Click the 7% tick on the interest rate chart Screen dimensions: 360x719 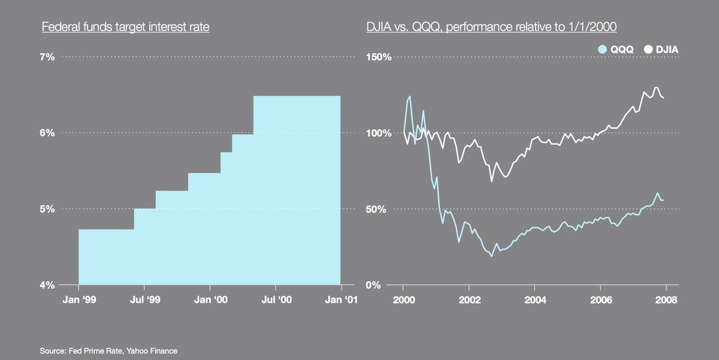point(47,57)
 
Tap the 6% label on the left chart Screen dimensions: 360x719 point(47,133)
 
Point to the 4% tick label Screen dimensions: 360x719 point(47,285)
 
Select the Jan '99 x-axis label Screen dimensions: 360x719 point(78,300)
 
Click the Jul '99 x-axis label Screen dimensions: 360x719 point(144,300)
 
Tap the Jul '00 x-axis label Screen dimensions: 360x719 point(276,300)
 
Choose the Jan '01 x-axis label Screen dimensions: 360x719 point(341,300)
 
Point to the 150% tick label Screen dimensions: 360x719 point(379,57)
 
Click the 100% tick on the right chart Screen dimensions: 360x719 point(379,133)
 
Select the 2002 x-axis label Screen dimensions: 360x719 point(469,300)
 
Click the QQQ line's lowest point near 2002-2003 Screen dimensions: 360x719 point(491,256)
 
